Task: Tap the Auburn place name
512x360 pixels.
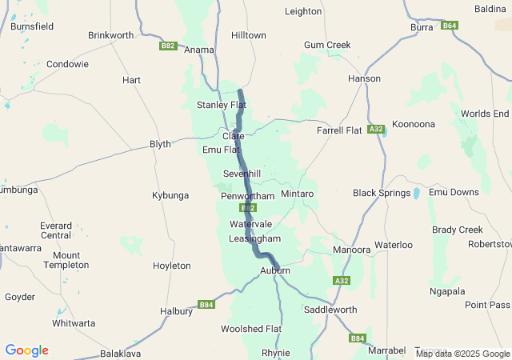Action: pos(274,271)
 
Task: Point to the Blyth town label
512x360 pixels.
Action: pos(160,144)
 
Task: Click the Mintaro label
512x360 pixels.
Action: pos(297,194)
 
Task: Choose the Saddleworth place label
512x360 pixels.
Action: pos(330,309)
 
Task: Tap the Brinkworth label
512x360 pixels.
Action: pos(111,35)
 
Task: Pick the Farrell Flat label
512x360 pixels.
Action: pos(339,130)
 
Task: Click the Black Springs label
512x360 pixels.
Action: pos(382,193)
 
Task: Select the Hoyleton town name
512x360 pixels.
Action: pos(172,266)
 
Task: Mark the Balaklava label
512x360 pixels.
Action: pos(121,353)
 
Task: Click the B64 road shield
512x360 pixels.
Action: pos(450,26)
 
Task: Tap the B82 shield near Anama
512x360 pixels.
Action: pos(167,46)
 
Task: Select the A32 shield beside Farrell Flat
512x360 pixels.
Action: pos(377,129)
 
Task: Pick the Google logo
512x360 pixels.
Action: pos(26,350)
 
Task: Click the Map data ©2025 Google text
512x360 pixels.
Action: pos(462,354)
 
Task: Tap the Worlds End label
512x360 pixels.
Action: pos(484,114)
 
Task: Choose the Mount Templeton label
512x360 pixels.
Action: pos(66,260)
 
